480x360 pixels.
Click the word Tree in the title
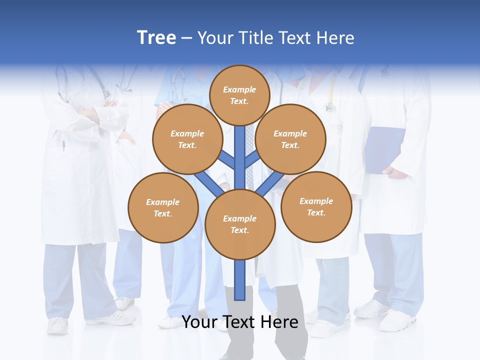point(156,38)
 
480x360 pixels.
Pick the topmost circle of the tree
point(239,95)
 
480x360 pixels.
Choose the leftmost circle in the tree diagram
point(163,207)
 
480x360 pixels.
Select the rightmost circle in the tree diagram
point(316,206)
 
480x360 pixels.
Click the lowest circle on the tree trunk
point(240,224)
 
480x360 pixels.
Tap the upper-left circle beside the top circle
point(187,139)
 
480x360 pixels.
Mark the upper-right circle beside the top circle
point(290,139)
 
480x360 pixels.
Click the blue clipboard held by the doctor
point(384,149)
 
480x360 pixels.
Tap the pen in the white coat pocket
point(63,146)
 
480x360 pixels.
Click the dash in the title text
point(186,38)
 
